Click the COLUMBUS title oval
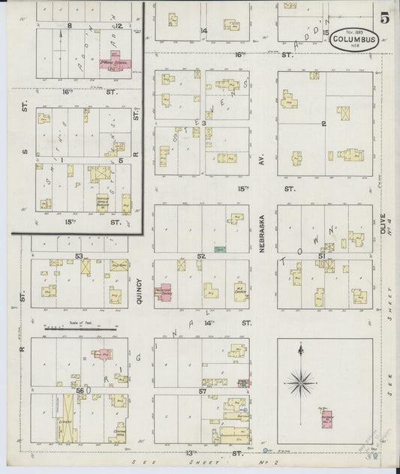click(x=353, y=37)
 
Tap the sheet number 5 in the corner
click(x=384, y=19)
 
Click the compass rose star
click(x=301, y=384)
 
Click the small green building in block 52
click(x=219, y=248)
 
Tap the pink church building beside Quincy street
click(x=164, y=292)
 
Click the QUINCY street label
click(x=140, y=288)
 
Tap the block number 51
click(x=321, y=256)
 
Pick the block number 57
click(x=202, y=392)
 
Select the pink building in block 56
click(x=102, y=354)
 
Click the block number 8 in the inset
click(x=70, y=25)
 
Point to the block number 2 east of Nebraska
click(x=323, y=123)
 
